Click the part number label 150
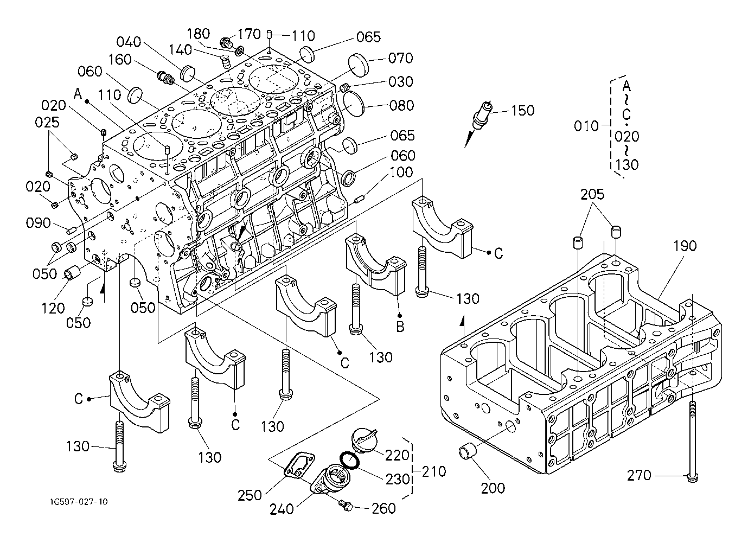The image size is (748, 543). point(522,111)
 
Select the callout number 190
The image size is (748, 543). point(685,246)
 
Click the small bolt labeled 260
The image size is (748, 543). point(345,506)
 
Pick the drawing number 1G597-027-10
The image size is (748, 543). point(78,502)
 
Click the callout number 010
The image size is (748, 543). point(585,126)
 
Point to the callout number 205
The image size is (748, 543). point(593,194)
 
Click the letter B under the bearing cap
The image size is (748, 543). point(399,327)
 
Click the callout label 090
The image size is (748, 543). point(39,223)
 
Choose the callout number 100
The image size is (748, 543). point(401,173)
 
